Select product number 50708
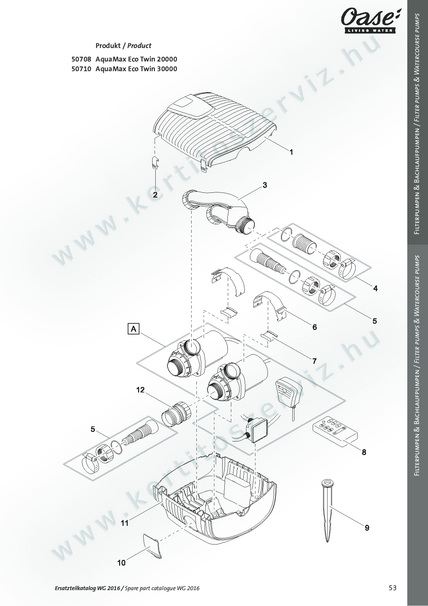pyautogui.click(x=81, y=59)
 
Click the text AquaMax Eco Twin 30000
pyautogui.click(x=136, y=69)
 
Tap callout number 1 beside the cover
pyautogui.click(x=291, y=152)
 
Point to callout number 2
pyautogui.click(x=155, y=195)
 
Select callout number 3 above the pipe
pyautogui.click(x=264, y=185)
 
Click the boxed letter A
pyautogui.click(x=133, y=329)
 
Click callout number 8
pyautogui.click(x=364, y=452)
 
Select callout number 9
pyautogui.click(x=367, y=528)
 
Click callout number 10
pyautogui.click(x=121, y=563)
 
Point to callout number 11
pyautogui.click(x=125, y=523)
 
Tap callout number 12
pyautogui.click(x=140, y=390)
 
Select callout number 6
pyautogui.click(x=314, y=327)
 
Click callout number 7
pyautogui.click(x=314, y=361)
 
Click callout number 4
pyautogui.click(x=375, y=288)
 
